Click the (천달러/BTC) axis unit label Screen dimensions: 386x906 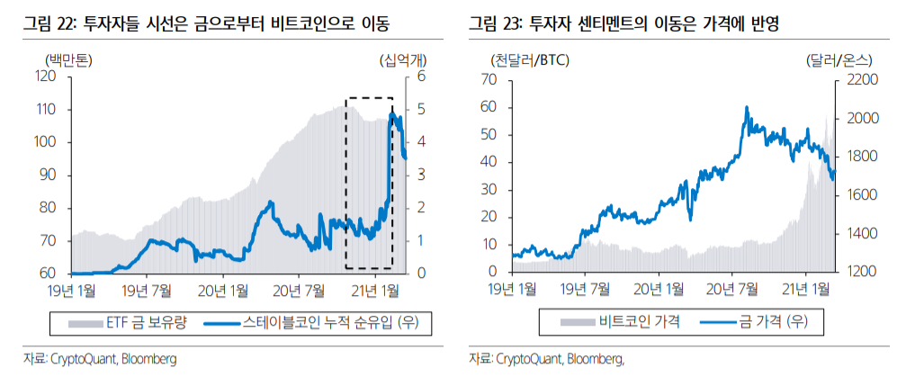pos(531,61)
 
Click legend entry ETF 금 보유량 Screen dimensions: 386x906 pos(127,320)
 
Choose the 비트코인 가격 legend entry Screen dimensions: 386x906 pos(621,320)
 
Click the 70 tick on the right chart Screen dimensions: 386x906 pos(489,80)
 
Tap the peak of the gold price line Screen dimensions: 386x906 pos(747,108)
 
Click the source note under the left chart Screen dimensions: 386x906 pos(100,358)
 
